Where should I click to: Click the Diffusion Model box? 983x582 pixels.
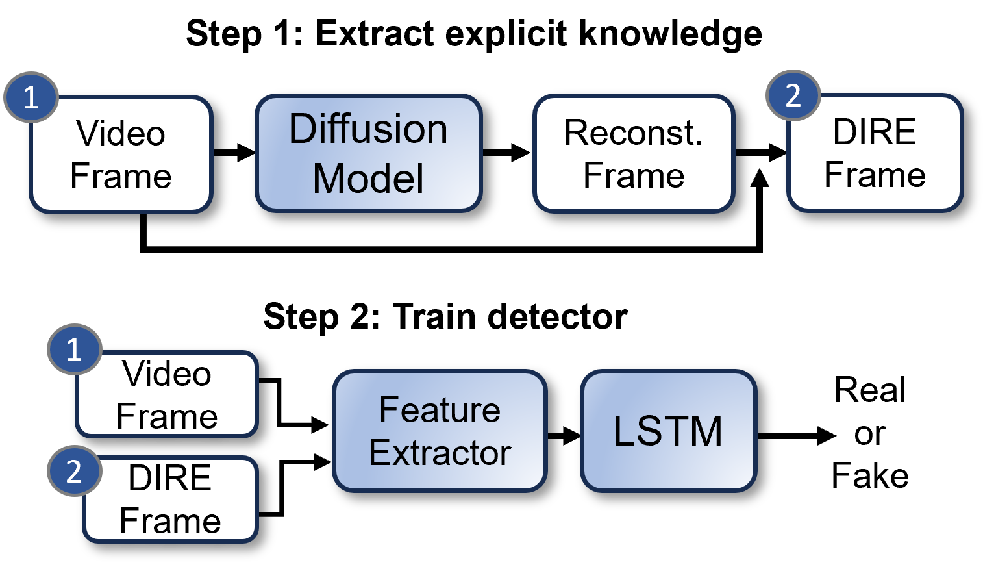(368, 153)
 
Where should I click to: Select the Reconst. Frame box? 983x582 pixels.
(634, 153)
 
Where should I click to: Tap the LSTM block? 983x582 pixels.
(668, 431)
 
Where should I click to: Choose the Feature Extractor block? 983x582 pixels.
(440, 431)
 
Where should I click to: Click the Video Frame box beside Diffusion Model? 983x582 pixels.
(121, 155)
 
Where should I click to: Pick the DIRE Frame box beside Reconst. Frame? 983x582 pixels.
(875, 153)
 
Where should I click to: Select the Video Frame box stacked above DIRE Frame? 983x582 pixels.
(168, 395)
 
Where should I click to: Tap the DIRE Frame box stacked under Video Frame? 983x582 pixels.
(170, 500)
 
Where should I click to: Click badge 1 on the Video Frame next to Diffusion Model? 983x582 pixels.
(31, 97)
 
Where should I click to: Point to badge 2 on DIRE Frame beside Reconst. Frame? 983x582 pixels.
(793, 95)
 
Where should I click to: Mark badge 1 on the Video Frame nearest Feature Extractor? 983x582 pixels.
(74, 349)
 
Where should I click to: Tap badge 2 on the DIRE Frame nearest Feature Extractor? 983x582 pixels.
(74, 471)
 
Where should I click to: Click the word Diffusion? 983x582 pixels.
(368, 129)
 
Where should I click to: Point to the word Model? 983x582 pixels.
(368, 179)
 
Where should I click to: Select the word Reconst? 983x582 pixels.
(634, 133)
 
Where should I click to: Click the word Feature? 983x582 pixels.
(440, 410)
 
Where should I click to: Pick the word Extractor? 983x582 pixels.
(440, 453)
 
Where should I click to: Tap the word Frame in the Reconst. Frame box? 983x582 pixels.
(634, 175)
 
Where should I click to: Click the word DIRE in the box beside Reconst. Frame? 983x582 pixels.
(875, 132)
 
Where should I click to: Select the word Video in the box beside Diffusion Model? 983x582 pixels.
(121, 133)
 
